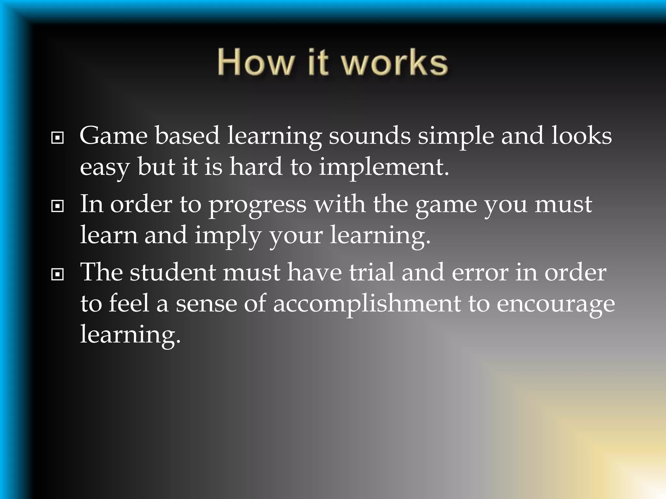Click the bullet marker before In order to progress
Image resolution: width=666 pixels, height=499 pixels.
tap(58, 206)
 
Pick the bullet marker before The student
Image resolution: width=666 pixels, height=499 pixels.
tap(58, 275)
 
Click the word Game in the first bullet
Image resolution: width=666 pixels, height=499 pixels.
tap(113, 136)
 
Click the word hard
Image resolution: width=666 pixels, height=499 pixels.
tap(256, 167)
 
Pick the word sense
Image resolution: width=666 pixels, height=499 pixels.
tap(206, 304)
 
